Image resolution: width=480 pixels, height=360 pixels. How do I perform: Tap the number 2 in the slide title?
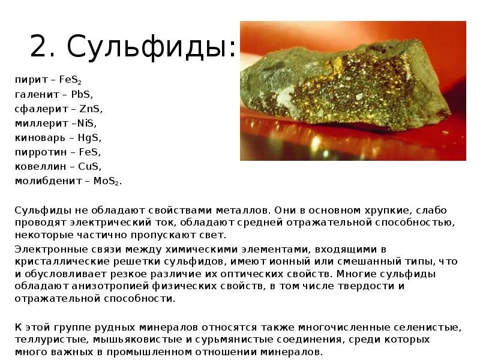(x=38, y=47)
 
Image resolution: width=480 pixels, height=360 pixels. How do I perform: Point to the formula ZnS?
(x=91, y=109)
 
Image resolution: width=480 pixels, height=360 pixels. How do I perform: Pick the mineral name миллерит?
(x=38, y=123)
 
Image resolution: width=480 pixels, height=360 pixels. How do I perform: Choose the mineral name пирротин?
(x=37, y=152)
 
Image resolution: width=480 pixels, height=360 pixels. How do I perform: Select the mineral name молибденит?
(x=44, y=181)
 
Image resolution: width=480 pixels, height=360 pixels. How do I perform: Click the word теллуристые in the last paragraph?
(x=45, y=340)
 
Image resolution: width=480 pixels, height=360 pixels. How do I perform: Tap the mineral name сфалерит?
(x=37, y=109)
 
